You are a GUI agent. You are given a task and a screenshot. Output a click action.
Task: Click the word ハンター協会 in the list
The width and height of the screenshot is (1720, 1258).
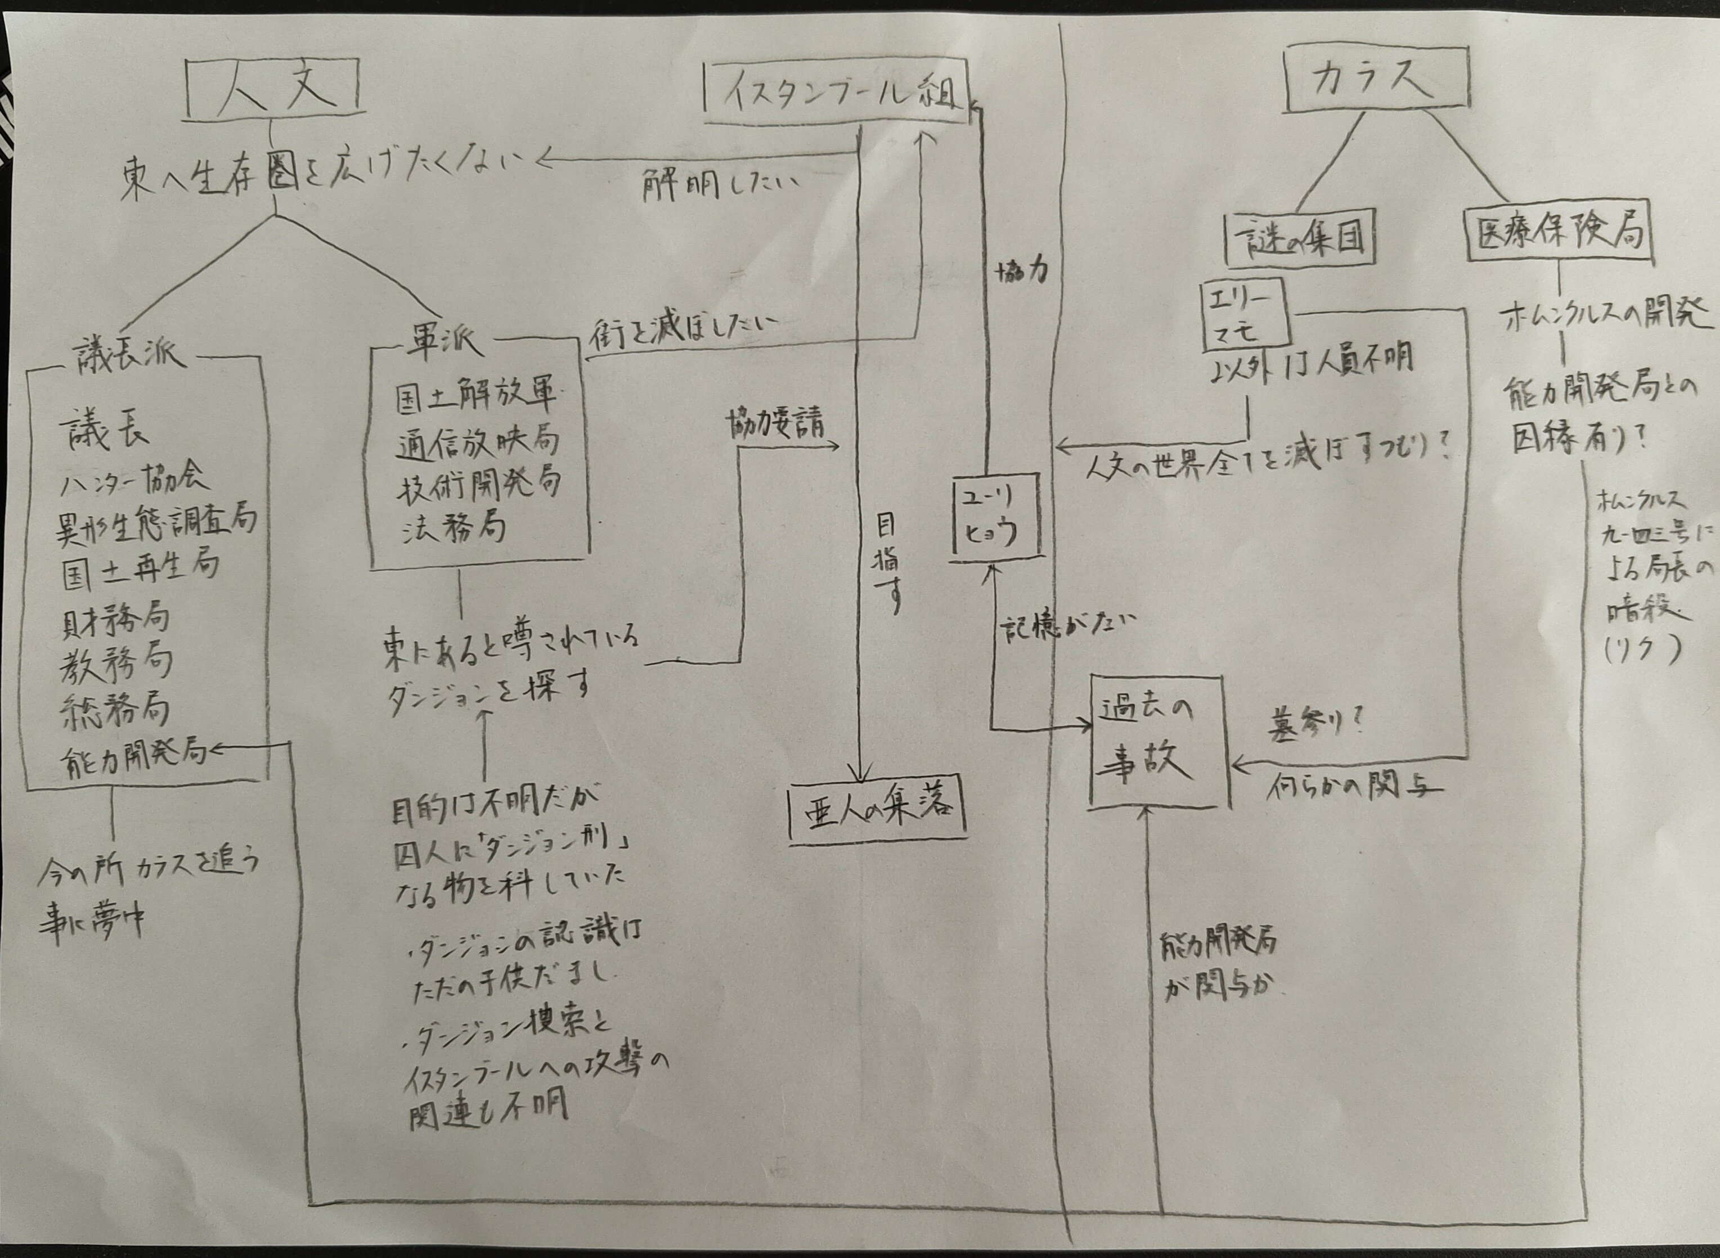[x=135, y=479]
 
